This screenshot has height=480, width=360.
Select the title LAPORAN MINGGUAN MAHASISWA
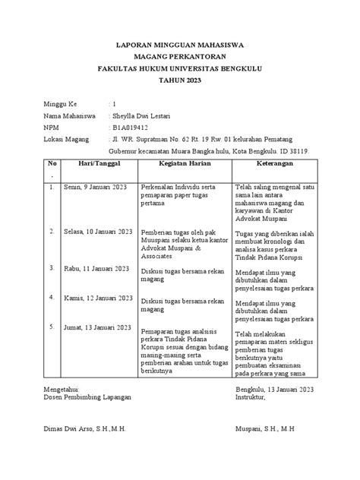(180, 44)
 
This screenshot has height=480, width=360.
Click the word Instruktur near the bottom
(254, 396)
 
